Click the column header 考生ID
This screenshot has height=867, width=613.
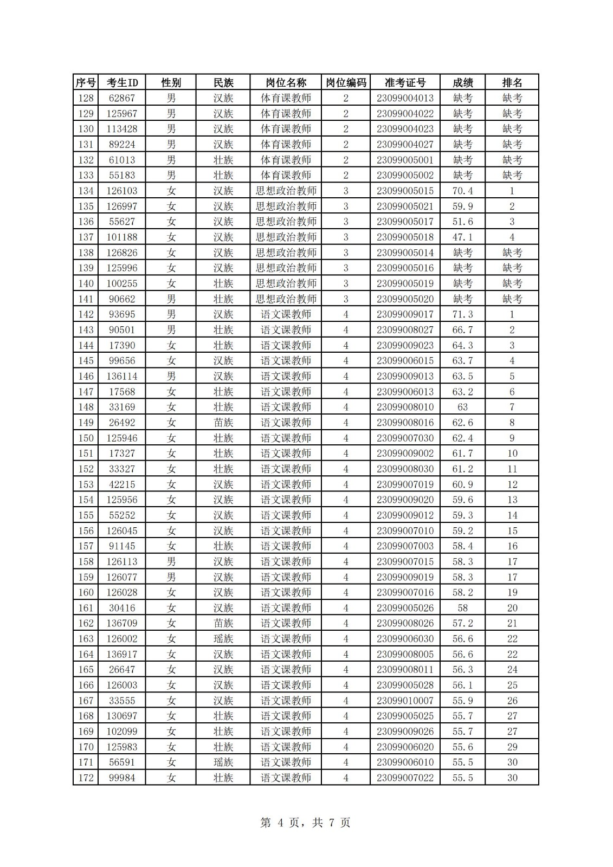click(122, 82)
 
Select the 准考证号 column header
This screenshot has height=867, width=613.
click(405, 82)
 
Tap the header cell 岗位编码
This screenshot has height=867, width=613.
click(346, 82)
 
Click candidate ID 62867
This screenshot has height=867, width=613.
click(122, 98)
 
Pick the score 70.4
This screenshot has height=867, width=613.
click(462, 191)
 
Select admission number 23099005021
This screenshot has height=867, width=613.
click(405, 206)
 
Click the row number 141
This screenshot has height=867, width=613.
click(86, 299)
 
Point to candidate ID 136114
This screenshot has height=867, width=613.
click(122, 376)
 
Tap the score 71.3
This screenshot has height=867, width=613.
click(462, 314)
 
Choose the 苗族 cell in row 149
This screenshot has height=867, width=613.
click(223, 423)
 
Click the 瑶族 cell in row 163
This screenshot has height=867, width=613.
click(223, 639)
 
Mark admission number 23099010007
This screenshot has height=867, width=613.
click(405, 701)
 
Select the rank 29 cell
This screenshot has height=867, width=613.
click(512, 747)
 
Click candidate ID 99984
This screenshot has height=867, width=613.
click(122, 778)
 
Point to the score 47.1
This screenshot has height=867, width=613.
click(462, 237)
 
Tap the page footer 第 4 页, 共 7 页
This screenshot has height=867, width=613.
click(306, 823)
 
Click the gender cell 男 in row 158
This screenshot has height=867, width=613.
click(171, 561)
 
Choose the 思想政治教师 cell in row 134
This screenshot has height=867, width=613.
click(286, 191)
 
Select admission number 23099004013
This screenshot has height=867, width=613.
click(405, 98)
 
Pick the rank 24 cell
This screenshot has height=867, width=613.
click(512, 670)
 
